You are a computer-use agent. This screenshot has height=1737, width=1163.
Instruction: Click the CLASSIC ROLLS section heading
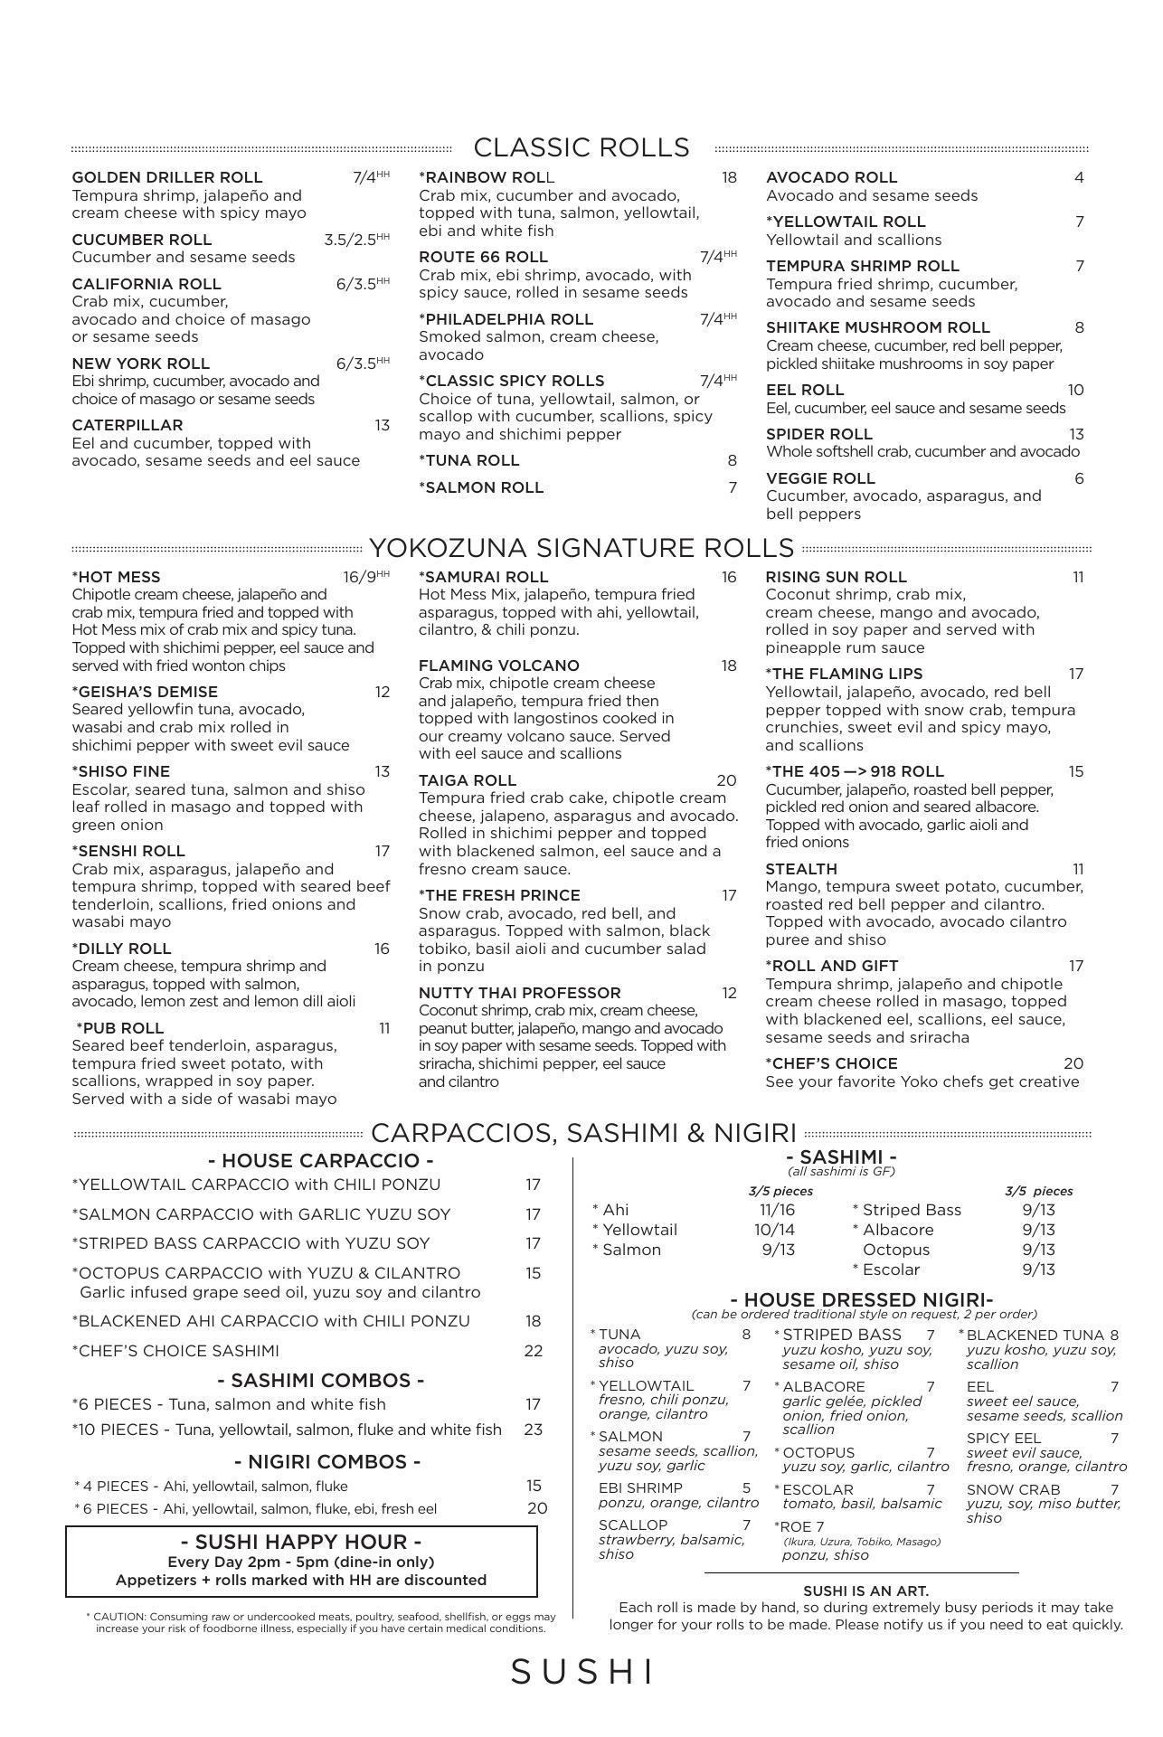[581, 147]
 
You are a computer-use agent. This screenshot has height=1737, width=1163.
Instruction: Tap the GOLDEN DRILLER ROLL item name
[166, 177]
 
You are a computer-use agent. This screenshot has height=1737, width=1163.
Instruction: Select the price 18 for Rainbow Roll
[729, 177]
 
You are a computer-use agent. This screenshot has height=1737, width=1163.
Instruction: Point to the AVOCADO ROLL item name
[831, 177]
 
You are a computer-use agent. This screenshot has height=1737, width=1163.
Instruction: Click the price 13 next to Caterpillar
[383, 425]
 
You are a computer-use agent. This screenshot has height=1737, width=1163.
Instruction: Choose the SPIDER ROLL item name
[818, 434]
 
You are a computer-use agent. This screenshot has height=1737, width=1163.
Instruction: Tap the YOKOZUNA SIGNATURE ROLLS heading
[581, 548]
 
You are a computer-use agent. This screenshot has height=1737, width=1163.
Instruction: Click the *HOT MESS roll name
[116, 577]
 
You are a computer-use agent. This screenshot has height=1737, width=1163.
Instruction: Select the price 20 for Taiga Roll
[726, 780]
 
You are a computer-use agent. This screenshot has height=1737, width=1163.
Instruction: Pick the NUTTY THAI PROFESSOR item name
[519, 993]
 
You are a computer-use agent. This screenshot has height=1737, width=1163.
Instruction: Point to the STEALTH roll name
[800, 869]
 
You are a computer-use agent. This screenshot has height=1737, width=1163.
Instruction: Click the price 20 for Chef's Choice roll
[1073, 1063]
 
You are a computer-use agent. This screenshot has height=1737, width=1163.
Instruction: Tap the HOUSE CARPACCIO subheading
[320, 1160]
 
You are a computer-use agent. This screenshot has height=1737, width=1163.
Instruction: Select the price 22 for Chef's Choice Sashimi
[534, 1351]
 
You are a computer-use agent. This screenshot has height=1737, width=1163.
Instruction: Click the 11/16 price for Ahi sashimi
[777, 1210]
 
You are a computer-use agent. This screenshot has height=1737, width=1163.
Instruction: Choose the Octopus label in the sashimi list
[895, 1250]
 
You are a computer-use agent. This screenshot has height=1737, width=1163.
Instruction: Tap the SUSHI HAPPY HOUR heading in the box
[301, 1542]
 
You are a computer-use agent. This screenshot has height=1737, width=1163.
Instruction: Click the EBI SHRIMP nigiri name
[639, 1487]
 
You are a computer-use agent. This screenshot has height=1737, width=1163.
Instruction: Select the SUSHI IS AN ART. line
[865, 1591]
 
